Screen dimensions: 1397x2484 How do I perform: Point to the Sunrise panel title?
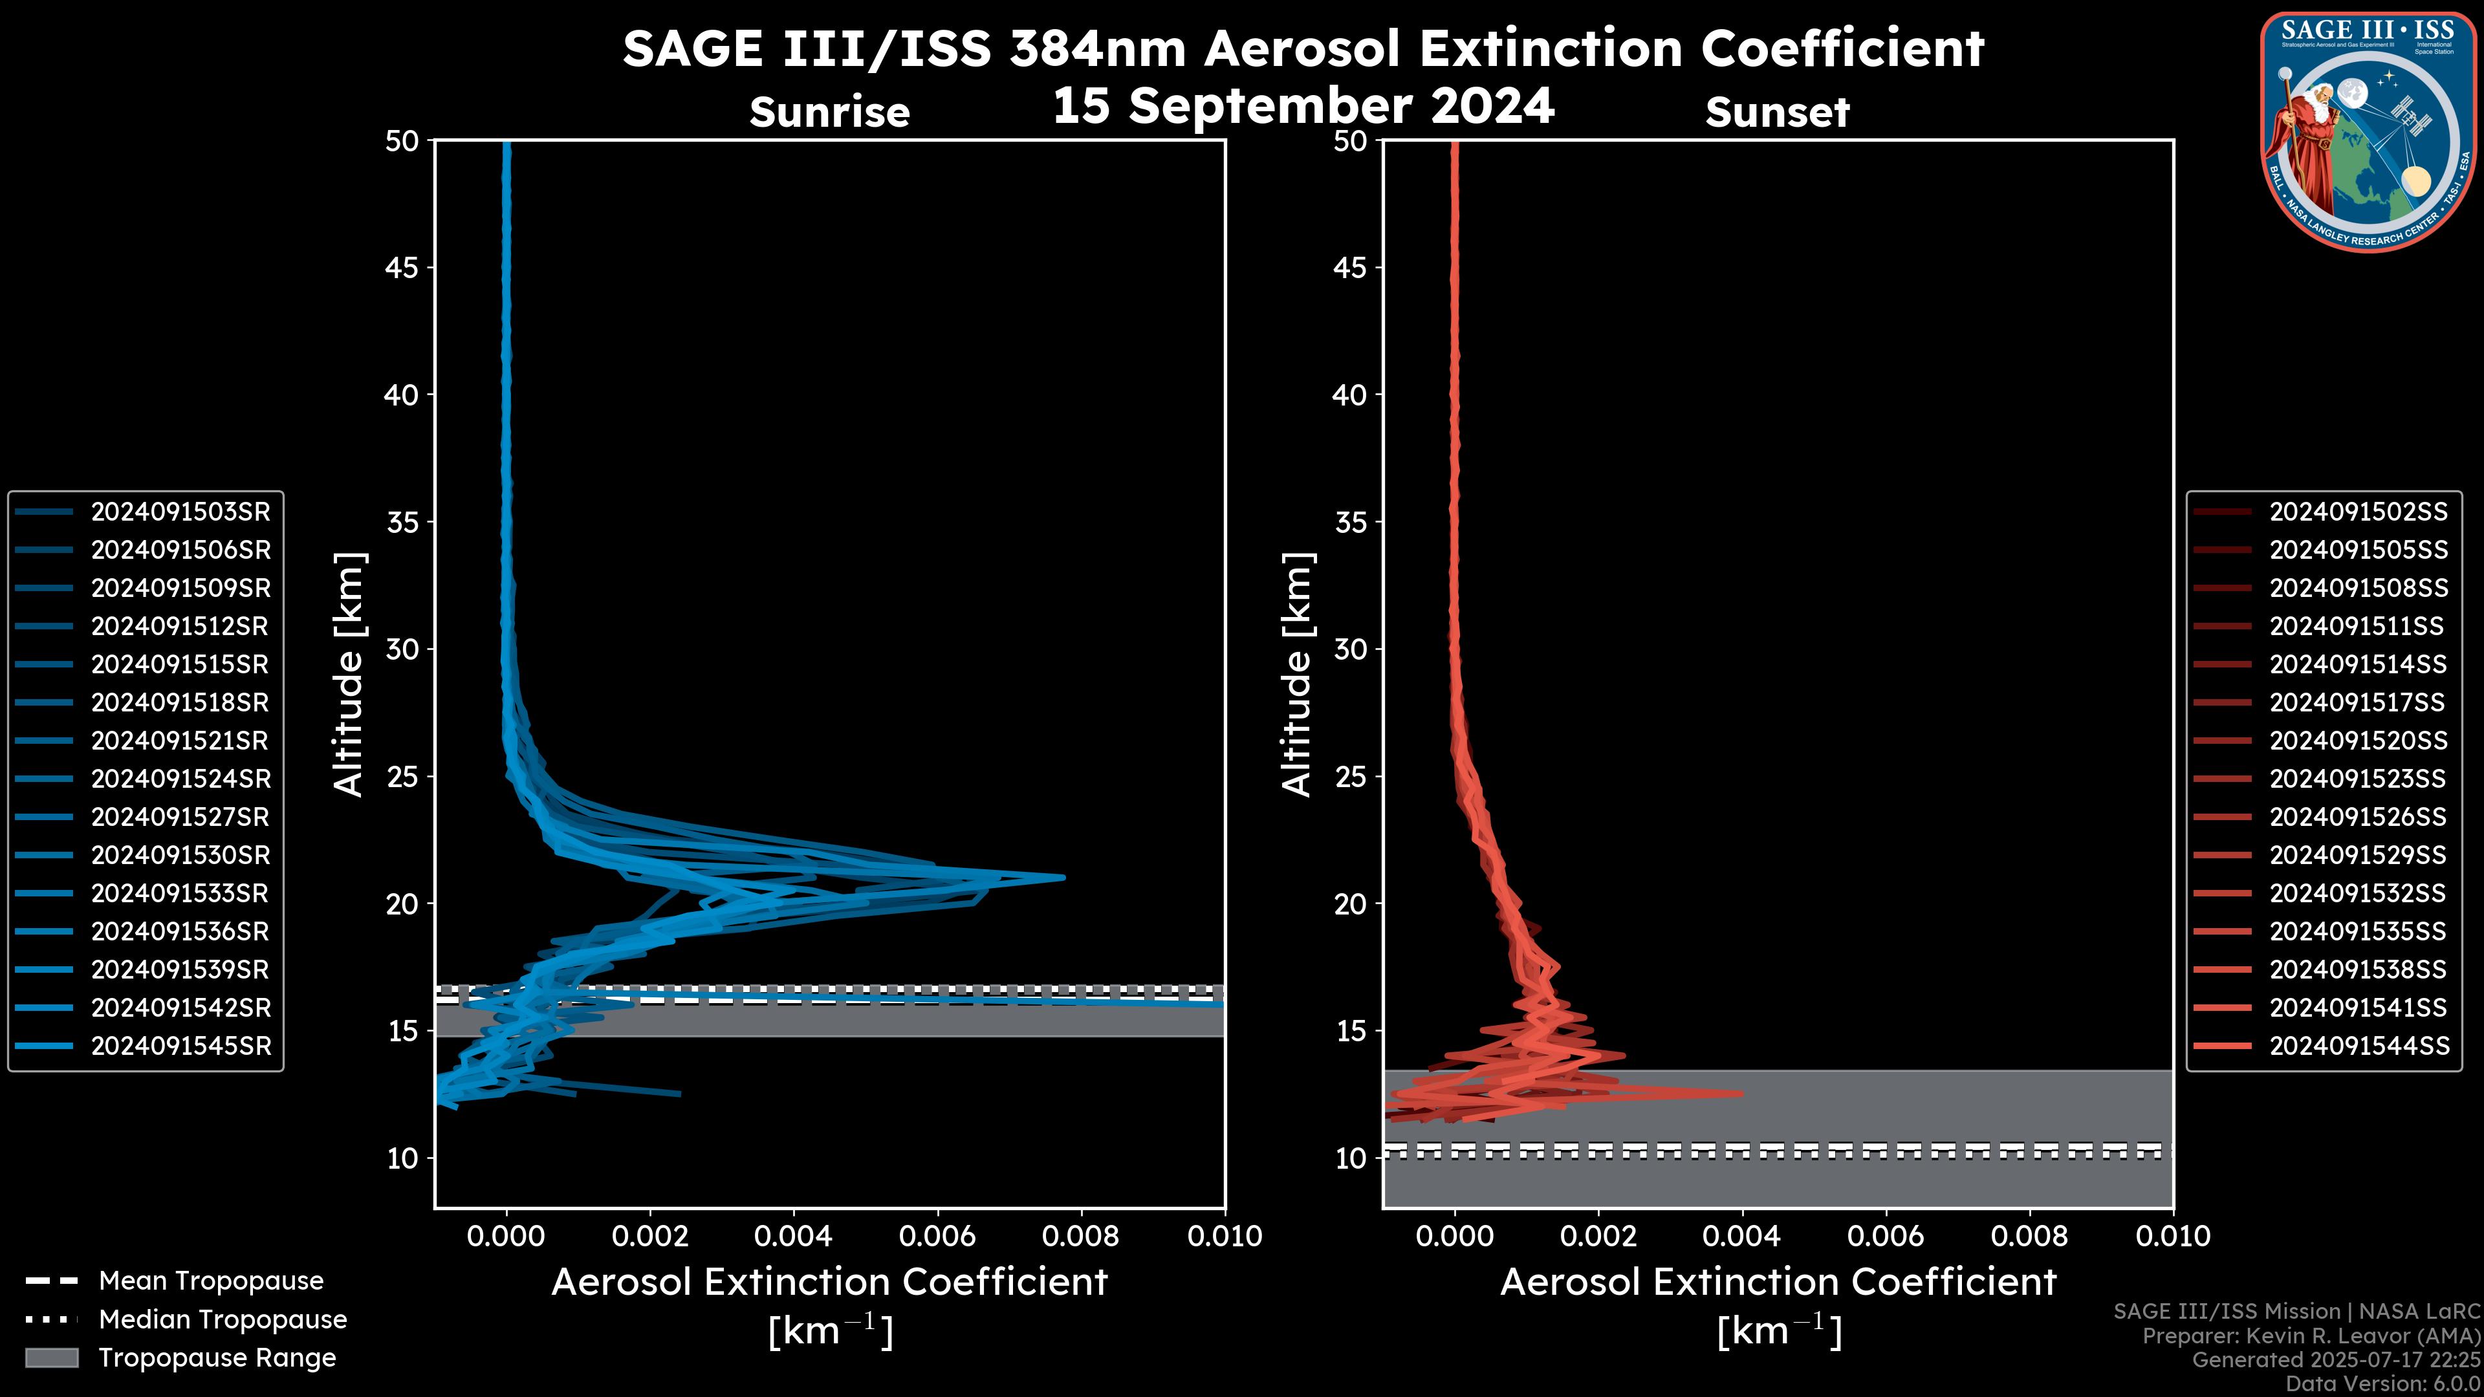(829, 113)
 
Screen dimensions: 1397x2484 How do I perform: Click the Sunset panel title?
(1777, 113)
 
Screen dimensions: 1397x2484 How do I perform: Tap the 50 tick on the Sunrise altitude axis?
(402, 141)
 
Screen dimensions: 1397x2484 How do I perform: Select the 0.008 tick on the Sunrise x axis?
(1080, 1236)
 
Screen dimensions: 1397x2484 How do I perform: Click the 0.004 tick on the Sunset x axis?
(1741, 1236)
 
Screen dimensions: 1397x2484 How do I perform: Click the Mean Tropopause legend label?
(211, 1281)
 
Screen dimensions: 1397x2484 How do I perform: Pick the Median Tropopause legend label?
(223, 1320)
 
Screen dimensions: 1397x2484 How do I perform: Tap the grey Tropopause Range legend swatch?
(51, 1358)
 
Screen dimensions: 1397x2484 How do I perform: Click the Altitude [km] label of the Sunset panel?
(1297, 675)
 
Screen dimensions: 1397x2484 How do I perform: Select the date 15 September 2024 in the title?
(1303, 105)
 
